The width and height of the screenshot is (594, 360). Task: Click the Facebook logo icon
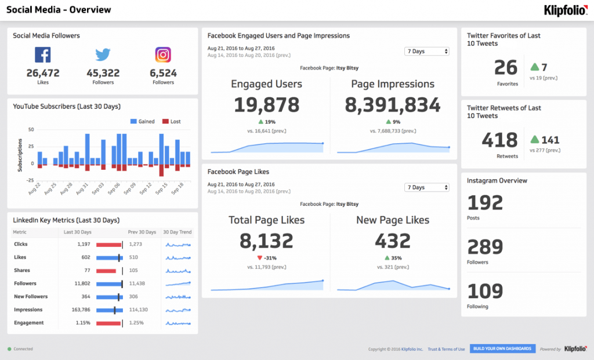coord(43,55)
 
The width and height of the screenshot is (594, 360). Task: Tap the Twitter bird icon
coord(103,55)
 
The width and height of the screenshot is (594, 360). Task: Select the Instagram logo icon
coord(163,55)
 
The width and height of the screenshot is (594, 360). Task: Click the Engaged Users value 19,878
coord(266,104)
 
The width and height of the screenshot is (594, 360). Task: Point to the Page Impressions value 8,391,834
coord(393,104)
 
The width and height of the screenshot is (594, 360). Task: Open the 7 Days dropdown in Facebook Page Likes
coord(427,187)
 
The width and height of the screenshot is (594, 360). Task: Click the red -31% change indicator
coord(266,258)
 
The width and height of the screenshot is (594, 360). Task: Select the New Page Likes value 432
coord(393,241)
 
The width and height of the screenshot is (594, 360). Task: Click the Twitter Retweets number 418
coord(499,140)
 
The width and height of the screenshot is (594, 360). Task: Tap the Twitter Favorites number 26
coord(506,68)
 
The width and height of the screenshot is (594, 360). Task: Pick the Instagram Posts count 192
coord(485,203)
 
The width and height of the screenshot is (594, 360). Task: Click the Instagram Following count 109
coord(485,291)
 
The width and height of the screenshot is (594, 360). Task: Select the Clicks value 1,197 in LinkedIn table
coord(83,244)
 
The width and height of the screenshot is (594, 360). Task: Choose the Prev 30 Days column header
coord(142,232)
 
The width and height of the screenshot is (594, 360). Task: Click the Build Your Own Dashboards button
coord(502,348)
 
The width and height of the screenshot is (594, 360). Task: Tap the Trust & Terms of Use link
coord(446,349)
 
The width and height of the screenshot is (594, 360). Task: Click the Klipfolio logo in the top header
coord(565,10)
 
